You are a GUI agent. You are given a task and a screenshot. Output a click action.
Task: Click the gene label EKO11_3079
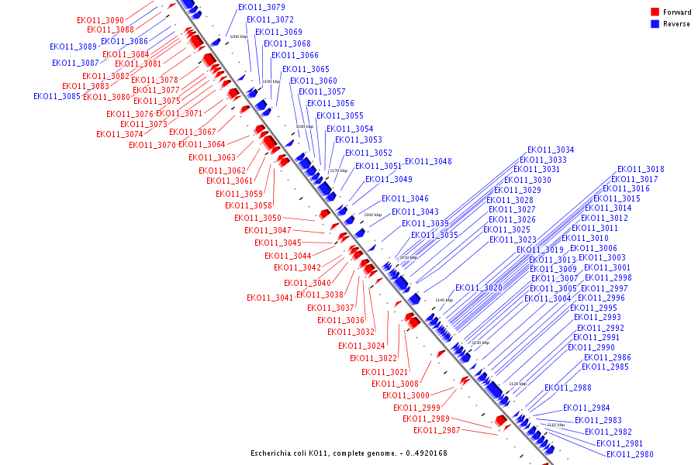[x=261, y=8]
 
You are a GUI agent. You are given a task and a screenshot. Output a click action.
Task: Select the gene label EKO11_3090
[x=100, y=20]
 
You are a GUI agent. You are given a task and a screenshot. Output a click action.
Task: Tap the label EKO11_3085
[x=57, y=97]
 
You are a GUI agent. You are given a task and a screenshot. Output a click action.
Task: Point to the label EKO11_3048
[x=428, y=162]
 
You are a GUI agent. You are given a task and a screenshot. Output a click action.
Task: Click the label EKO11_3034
[x=551, y=150]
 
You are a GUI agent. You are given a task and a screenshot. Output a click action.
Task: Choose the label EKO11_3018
[x=641, y=170]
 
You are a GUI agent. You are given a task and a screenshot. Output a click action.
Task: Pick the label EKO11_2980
[x=631, y=454]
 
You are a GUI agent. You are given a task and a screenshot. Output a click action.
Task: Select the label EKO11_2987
[x=437, y=431]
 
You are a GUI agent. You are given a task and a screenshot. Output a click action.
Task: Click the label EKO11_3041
[x=270, y=298]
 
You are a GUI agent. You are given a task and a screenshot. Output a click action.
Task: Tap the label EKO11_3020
[x=479, y=288]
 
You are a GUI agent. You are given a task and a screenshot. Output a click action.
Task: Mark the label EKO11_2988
[x=568, y=388]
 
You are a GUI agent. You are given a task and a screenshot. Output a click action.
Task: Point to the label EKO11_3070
[x=152, y=146]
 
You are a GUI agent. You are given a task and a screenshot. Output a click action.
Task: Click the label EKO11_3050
[x=257, y=219]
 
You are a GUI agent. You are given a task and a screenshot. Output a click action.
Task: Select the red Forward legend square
[x=655, y=12]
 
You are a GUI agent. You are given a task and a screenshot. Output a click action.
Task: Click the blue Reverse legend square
[x=655, y=24]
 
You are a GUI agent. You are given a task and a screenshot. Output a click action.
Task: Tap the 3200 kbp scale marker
[x=238, y=36]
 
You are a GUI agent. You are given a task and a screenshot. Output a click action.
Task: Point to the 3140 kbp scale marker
[x=444, y=300]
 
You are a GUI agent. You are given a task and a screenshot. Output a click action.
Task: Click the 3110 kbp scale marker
[x=555, y=425]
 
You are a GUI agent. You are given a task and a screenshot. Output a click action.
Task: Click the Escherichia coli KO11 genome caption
[x=348, y=453]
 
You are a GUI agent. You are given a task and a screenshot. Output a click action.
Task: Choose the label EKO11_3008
[x=395, y=384]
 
